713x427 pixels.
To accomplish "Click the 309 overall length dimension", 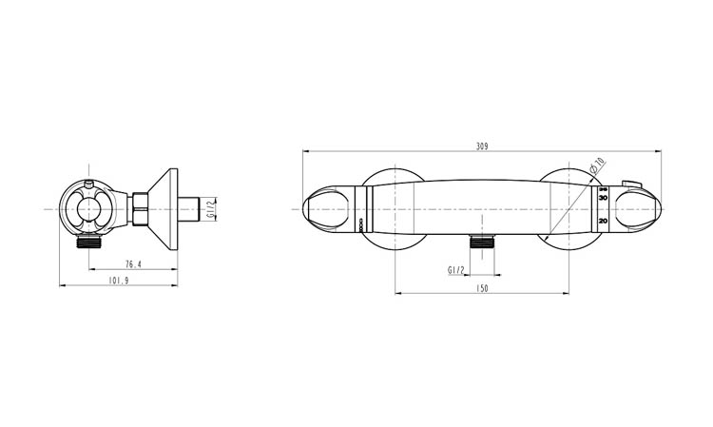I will [482, 146].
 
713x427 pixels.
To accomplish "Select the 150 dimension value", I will [482, 288].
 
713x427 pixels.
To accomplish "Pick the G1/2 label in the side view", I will [211, 208].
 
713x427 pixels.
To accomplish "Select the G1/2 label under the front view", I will [455, 270].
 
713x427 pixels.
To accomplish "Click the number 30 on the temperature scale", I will [603, 199].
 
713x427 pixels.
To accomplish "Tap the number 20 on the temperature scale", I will [603, 221].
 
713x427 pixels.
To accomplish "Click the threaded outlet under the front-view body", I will [482, 241].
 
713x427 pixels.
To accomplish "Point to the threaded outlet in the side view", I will [89, 242].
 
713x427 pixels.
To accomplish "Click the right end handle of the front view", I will [637, 208].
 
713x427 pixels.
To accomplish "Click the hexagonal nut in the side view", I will [139, 208].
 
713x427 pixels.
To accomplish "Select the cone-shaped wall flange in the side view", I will [165, 209].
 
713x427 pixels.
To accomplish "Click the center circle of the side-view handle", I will [88, 209].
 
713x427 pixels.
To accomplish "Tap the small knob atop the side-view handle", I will [88, 181].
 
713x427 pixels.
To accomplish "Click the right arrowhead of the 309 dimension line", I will [659, 152].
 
